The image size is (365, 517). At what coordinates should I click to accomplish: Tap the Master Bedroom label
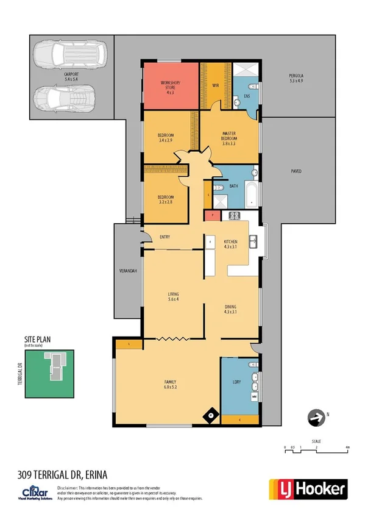(229, 138)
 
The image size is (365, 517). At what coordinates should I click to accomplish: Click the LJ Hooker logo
(308, 488)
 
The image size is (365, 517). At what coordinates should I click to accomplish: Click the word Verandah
(127, 270)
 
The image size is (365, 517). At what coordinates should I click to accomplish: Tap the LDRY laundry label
(237, 382)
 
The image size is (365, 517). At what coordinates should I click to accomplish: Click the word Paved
(296, 171)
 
